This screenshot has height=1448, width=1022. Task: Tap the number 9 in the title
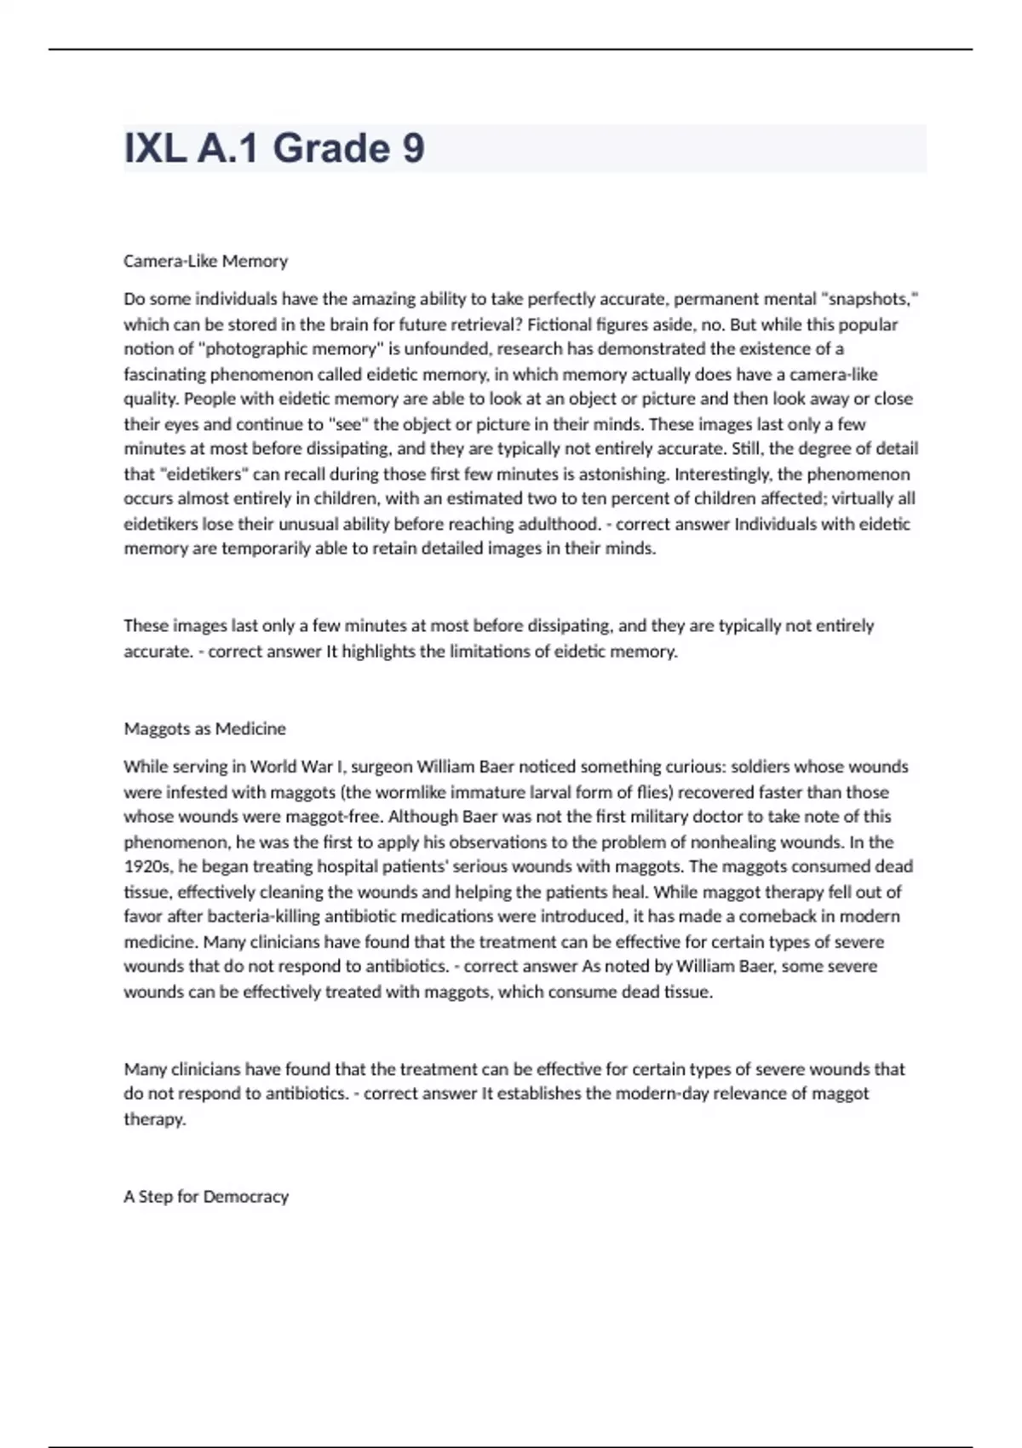[412, 149]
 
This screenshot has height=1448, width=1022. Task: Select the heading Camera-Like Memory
[205, 261]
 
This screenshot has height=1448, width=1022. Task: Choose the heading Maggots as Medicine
[204, 729]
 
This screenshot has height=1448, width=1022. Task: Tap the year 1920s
[146, 867]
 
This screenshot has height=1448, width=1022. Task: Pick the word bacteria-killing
[267, 916]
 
